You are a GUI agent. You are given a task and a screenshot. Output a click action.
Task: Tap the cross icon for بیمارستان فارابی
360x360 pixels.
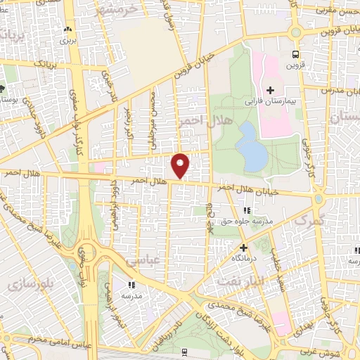(270, 89)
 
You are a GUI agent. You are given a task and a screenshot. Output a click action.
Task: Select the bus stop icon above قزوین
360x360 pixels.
(295, 53)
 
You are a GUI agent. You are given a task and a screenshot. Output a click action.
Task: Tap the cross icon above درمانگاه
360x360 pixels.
(244, 247)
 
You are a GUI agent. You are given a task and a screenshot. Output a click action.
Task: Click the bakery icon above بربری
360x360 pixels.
(67, 30)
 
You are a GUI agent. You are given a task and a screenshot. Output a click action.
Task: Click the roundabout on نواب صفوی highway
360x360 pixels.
(88, 252)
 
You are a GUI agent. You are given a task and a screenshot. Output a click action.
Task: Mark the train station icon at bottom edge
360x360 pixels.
(184, 352)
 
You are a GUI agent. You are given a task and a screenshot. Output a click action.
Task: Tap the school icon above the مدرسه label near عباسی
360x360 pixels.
(131, 285)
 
